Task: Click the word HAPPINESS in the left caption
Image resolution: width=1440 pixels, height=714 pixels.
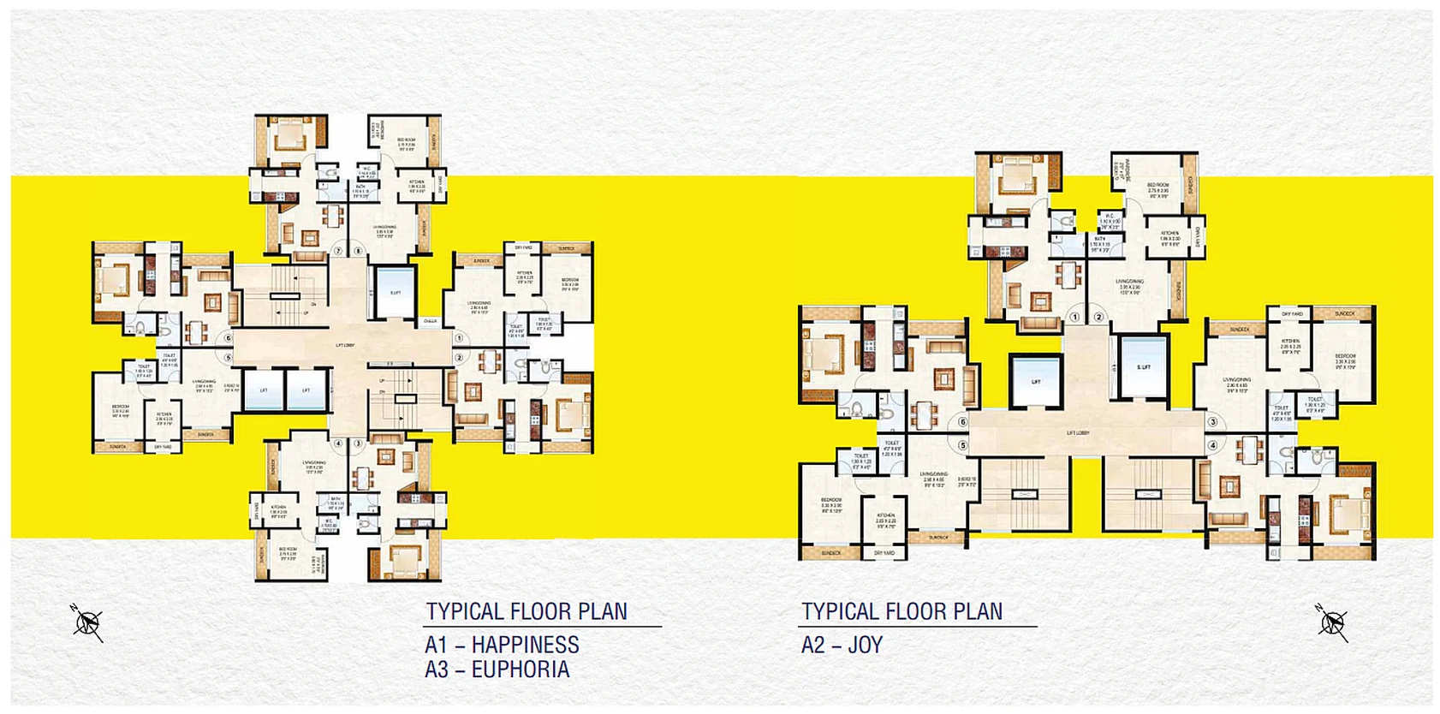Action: pyautogui.click(x=525, y=645)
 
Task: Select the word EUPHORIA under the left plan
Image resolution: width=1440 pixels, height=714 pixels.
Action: pyautogui.click(x=520, y=669)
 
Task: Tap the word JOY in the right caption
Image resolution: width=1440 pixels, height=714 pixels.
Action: pyautogui.click(x=865, y=646)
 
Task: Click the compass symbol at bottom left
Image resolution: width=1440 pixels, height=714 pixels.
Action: pyautogui.click(x=87, y=622)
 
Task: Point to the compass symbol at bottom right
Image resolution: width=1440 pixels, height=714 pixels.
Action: pyautogui.click(x=1332, y=622)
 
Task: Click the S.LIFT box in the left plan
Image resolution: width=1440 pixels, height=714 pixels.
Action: pyautogui.click(x=395, y=292)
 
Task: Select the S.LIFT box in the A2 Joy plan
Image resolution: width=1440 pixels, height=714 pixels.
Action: pyautogui.click(x=1144, y=366)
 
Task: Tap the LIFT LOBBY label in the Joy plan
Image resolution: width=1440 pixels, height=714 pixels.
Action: pyautogui.click(x=1077, y=433)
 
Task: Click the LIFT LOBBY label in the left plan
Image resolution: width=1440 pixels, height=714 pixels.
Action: pyautogui.click(x=345, y=346)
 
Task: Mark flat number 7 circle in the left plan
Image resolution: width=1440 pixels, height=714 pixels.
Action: pyautogui.click(x=338, y=252)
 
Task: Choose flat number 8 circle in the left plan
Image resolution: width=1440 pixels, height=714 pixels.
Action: pyautogui.click(x=358, y=252)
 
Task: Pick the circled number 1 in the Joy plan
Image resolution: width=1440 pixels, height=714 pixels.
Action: pyautogui.click(x=1075, y=317)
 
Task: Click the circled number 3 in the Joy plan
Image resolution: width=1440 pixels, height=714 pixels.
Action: pyautogui.click(x=1212, y=422)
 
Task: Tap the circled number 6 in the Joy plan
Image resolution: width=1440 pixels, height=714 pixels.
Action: pyautogui.click(x=963, y=422)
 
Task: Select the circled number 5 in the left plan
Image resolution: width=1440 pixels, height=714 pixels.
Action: pyautogui.click(x=229, y=358)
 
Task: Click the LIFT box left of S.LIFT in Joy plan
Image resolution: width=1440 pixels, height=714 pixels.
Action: pyautogui.click(x=1036, y=382)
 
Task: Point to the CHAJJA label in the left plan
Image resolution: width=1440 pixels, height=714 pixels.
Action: pyautogui.click(x=430, y=322)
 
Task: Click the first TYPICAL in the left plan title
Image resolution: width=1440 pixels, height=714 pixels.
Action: pyautogui.click(x=465, y=612)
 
